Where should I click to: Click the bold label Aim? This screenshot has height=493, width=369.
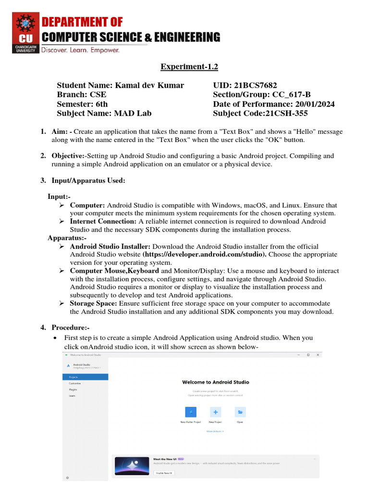pyautogui.click(x=60, y=131)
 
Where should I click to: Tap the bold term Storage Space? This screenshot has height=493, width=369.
pyautogui.click(x=93, y=303)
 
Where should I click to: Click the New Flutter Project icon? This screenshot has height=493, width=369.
pyautogui.click(x=191, y=412)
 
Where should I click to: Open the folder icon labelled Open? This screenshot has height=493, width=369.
pyautogui.click(x=240, y=412)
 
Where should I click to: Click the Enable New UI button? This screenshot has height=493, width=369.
pyautogui.click(x=164, y=473)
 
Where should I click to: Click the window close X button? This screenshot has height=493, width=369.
pyautogui.click(x=318, y=355)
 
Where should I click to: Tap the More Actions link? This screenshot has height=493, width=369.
pyautogui.click(x=215, y=431)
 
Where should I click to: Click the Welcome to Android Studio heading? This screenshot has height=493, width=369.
pyautogui.click(x=216, y=382)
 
